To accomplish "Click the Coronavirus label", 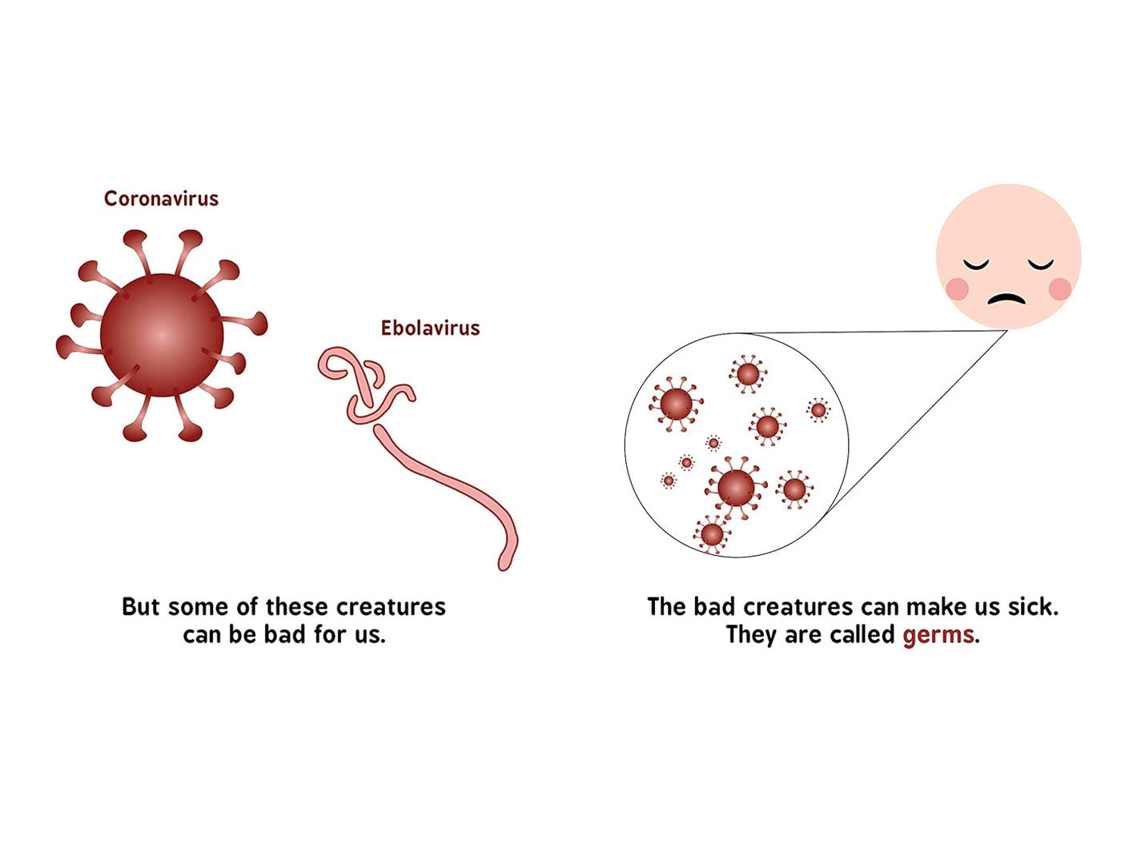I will [x=161, y=199].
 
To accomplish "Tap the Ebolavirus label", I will [x=430, y=328].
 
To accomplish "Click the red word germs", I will [x=938, y=635].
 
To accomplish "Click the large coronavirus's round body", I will [x=162, y=335].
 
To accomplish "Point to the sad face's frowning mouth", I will [x=1006, y=300].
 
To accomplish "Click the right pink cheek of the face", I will [x=1059, y=289].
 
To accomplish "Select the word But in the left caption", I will [x=141, y=606].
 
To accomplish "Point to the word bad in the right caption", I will [x=715, y=606].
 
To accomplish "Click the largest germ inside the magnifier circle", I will [x=736, y=487].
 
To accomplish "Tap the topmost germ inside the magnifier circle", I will [x=748, y=374].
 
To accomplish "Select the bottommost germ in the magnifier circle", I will [x=712, y=534].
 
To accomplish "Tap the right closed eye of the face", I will [x=1041, y=265].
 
